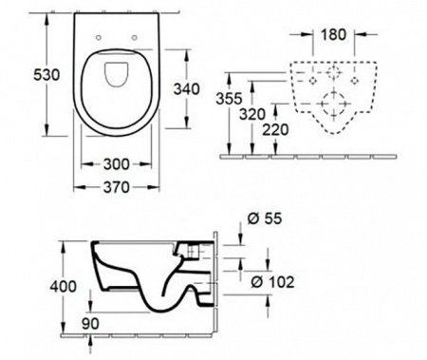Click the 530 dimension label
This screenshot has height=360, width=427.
pyautogui.click(x=46, y=75)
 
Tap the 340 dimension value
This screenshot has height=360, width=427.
pyautogui.click(x=187, y=89)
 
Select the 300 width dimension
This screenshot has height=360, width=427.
pyautogui.click(x=117, y=164)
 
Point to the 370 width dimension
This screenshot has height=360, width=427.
pyautogui.click(x=117, y=187)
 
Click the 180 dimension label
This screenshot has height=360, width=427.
pyautogui.click(x=334, y=34)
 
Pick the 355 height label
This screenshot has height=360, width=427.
pyautogui.click(x=229, y=99)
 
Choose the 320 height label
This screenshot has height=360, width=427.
pyautogui.click(x=252, y=114)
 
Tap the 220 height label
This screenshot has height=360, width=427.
pyautogui.click(x=276, y=130)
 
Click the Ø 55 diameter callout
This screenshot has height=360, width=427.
pyautogui.click(x=265, y=218)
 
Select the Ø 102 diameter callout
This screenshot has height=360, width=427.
pyautogui.click(x=272, y=282)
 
